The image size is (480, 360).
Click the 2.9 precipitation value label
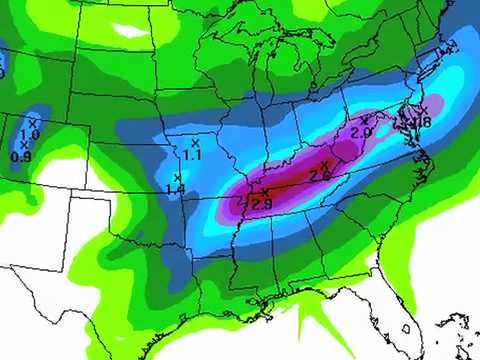[262, 204]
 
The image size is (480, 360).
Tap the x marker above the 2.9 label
[265, 191]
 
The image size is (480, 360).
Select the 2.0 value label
[361, 131]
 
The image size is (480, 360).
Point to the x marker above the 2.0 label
[364, 119]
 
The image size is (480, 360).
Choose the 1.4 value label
[175, 189]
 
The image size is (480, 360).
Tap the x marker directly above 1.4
[177, 177]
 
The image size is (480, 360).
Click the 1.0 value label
[30, 134]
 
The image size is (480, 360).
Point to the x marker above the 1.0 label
[33, 122]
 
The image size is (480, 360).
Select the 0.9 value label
[20, 156]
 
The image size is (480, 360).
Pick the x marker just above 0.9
[23, 144]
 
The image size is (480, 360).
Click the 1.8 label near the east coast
[421, 122]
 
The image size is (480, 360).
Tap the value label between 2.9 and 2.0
[321, 176]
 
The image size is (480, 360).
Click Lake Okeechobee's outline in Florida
[404, 326]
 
